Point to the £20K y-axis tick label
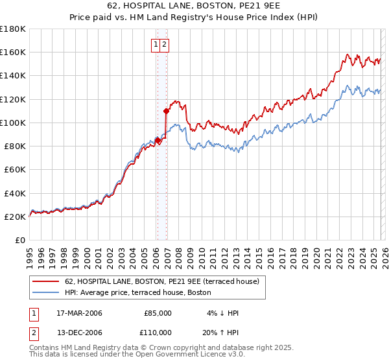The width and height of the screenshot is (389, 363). (x=16, y=217)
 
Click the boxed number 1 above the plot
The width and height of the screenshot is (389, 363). (x=156, y=45)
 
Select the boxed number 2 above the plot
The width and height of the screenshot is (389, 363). (x=165, y=45)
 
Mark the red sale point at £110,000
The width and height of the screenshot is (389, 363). (x=167, y=111)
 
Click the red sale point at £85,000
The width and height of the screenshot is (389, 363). (x=158, y=140)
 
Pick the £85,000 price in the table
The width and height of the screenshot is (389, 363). (x=158, y=313)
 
